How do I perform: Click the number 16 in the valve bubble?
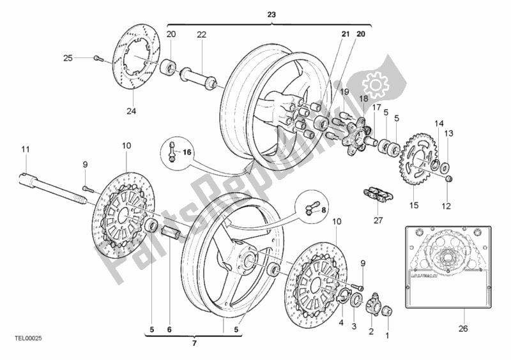click(x=187, y=153)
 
